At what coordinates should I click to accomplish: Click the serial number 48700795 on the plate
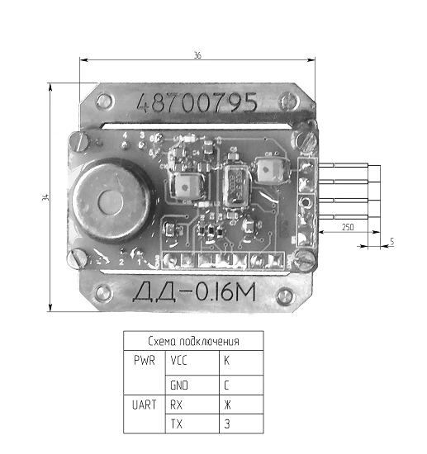point(197,104)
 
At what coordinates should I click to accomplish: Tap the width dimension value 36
point(197,54)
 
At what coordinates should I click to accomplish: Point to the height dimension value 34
point(44,196)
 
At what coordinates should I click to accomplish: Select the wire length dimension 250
point(348,226)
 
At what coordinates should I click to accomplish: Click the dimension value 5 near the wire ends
point(391,241)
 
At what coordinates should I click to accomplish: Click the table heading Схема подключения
point(193,341)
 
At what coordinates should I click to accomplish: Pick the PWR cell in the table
point(144,361)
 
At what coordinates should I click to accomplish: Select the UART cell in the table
point(144,404)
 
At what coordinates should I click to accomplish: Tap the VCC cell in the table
point(179,361)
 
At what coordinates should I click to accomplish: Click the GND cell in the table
point(179,384)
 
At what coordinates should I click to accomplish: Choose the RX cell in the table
point(176,404)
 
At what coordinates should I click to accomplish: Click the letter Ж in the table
point(227,404)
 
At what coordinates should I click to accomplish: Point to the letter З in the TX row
point(226,424)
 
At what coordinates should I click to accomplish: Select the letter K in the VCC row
point(226,361)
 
